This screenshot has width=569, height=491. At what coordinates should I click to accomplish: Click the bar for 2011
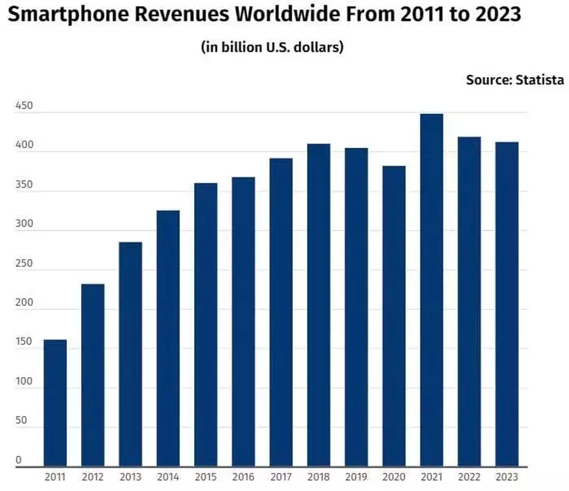click(x=55, y=403)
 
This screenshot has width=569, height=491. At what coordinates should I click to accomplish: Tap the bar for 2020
click(x=394, y=315)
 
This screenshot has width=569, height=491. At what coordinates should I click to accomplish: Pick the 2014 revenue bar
click(x=168, y=338)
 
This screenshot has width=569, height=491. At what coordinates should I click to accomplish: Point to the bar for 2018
click(x=319, y=305)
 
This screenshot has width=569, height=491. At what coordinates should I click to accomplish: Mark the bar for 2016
click(x=244, y=322)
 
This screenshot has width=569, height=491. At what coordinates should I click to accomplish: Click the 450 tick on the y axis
click(x=23, y=107)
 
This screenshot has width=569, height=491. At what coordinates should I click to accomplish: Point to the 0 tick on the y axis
click(x=19, y=460)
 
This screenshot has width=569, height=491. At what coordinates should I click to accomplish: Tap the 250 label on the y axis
click(x=23, y=264)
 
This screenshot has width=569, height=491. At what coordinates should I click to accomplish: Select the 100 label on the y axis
click(x=23, y=382)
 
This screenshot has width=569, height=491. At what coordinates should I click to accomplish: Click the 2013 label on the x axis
click(x=130, y=477)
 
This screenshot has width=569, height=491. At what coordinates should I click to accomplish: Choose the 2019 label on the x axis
click(x=356, y=477)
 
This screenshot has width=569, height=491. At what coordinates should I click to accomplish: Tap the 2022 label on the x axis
click(x=469, y=477)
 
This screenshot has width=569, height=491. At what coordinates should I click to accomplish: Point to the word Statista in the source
click(x=540, y=80)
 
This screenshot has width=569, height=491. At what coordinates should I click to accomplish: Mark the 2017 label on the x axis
click(x=281, y=477)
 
